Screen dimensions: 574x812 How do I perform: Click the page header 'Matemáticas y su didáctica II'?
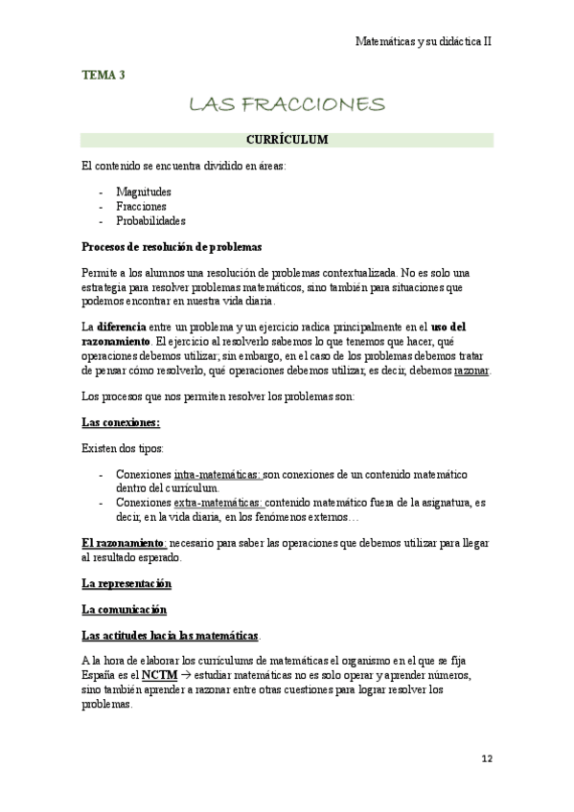423,42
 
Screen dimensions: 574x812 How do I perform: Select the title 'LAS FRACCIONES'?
287,103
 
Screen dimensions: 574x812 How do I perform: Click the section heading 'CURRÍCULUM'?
287,140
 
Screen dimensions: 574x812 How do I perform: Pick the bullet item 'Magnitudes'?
144,192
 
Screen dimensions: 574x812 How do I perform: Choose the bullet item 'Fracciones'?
141,206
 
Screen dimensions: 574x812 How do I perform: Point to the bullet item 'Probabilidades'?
150,220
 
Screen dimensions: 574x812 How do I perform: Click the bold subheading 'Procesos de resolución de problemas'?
172,246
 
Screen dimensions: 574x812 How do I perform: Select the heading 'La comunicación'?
125,609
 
